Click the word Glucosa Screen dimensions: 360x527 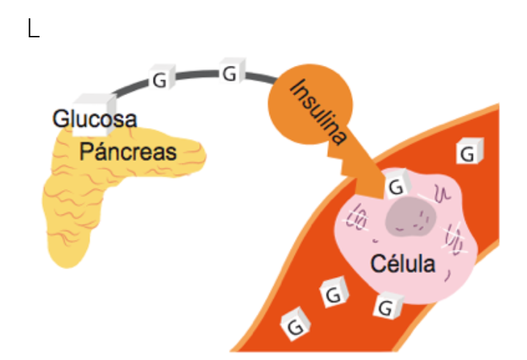point(94,119)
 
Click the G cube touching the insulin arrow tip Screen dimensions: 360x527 point(397,186)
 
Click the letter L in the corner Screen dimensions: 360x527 point(33,29)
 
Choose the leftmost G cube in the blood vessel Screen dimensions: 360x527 point(294,326)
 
